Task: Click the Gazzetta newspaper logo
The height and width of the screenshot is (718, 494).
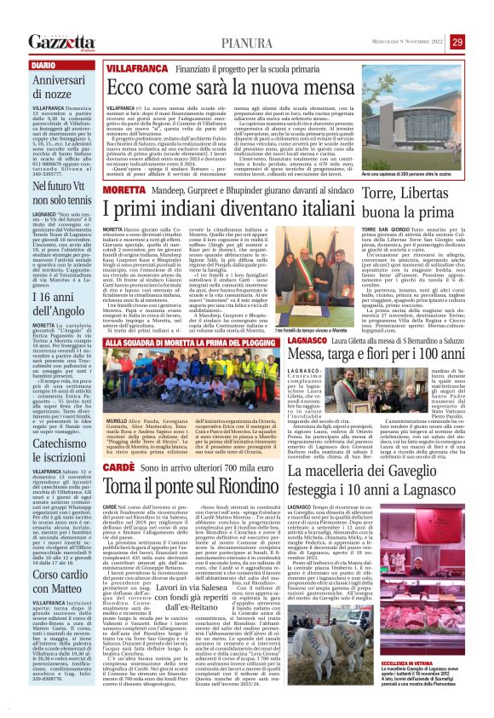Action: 60,41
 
